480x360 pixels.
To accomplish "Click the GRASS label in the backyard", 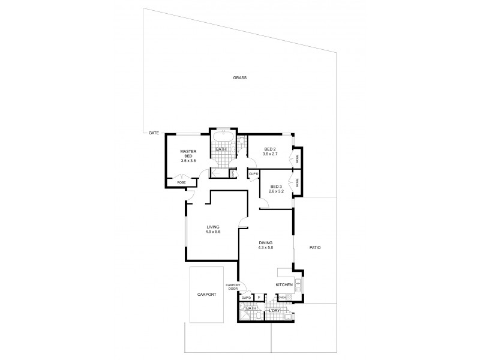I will [x=240, y=78].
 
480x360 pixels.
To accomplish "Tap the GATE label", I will [x=154, y=133].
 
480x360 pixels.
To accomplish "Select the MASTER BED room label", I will [x=188, y=153].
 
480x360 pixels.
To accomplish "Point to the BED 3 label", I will [x=276, y=186].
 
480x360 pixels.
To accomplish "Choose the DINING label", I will [x=265, y=242].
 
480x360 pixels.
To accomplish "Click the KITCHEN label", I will [x=284, y=284].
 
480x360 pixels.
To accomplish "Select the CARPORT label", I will [x=206, y=295].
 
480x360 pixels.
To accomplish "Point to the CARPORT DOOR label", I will [x=233, y=287].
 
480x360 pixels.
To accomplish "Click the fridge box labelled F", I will [x=259, y=297].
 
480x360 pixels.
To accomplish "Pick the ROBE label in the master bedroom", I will [x=181, y=182].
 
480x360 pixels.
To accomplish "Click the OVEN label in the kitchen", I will [x=281, y=297].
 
